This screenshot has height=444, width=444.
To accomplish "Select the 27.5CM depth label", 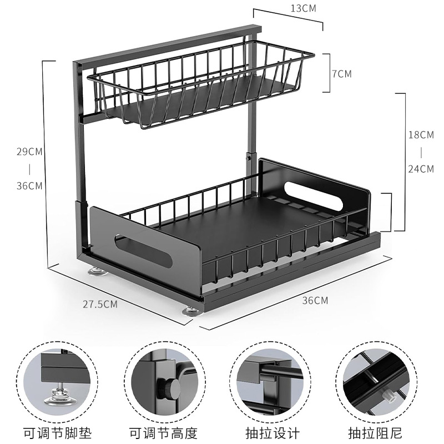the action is [100, 304].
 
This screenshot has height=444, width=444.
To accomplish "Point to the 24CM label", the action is [420, 169].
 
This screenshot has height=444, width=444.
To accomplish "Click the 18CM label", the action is [420, 135].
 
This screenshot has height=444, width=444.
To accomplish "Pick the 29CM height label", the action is [29, 151].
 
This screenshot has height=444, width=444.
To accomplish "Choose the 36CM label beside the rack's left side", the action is [29, 185].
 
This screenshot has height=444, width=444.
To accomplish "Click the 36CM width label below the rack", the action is [315, 300].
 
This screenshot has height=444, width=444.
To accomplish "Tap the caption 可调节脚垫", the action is [57, 432].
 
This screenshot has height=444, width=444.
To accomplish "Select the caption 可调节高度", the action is [163, 432].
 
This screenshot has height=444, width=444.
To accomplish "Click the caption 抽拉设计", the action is [273, 432].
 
